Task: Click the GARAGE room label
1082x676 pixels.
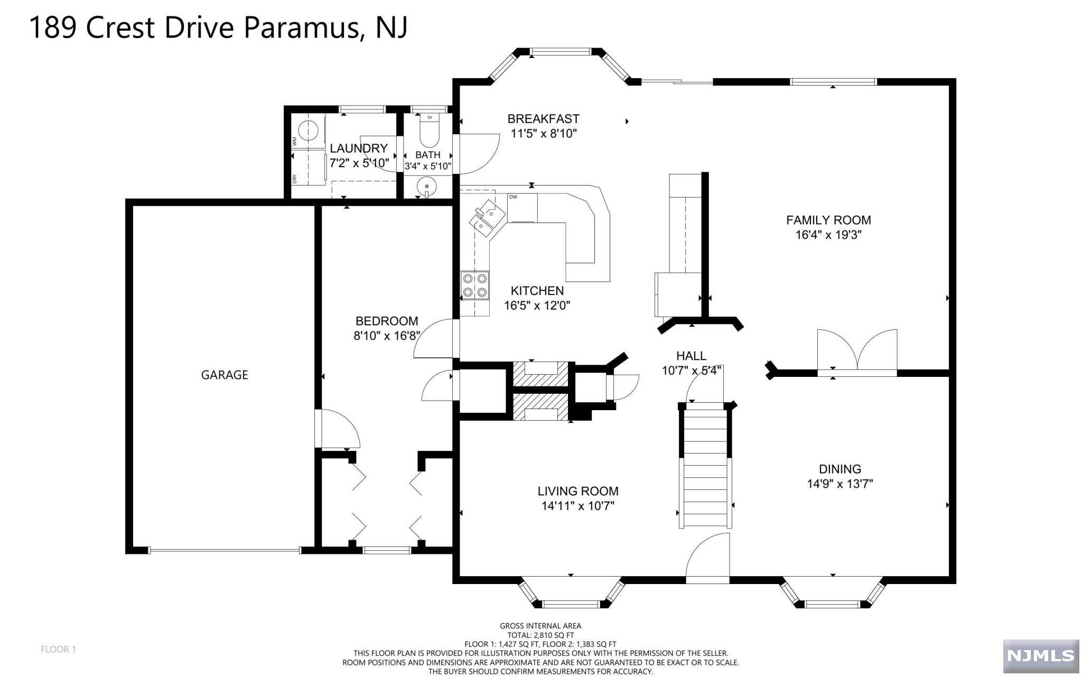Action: pyautogui.click(x=225, y=375)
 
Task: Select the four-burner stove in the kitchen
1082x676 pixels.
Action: pyautogui.click(x=474, y=285)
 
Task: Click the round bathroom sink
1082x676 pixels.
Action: pyautogui.click(x=426, y=187)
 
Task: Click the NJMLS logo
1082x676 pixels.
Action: pyautogui.click(x=1041, y=656)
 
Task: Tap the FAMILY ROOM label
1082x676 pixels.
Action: pyautogui.click(x=828, y=220)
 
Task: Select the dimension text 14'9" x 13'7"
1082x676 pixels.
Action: pyautogui.click(x=840, y=484)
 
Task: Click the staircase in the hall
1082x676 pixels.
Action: pyautogui.click(x=705, y=466)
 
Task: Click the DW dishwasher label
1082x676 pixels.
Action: pyautogui.click(x=513, y=197)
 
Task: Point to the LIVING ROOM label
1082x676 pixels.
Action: pyautogui.click(x=578, y=492)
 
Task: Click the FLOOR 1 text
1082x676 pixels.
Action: pyautogui.click(x=59, y=650)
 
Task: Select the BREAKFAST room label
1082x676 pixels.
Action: pyautogui.click(x=544, y=119)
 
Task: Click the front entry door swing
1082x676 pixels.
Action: pyautogui.click(x=707, y=558)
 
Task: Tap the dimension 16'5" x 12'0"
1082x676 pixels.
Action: pyautogui.click(x=537, y=305)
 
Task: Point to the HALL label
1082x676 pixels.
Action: pyautogui.click(x=691, y=356)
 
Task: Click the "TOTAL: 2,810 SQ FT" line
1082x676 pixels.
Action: pyautogui.click(x=540, y=635)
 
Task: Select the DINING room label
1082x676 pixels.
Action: pyautogui.click(x=840, y=469)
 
